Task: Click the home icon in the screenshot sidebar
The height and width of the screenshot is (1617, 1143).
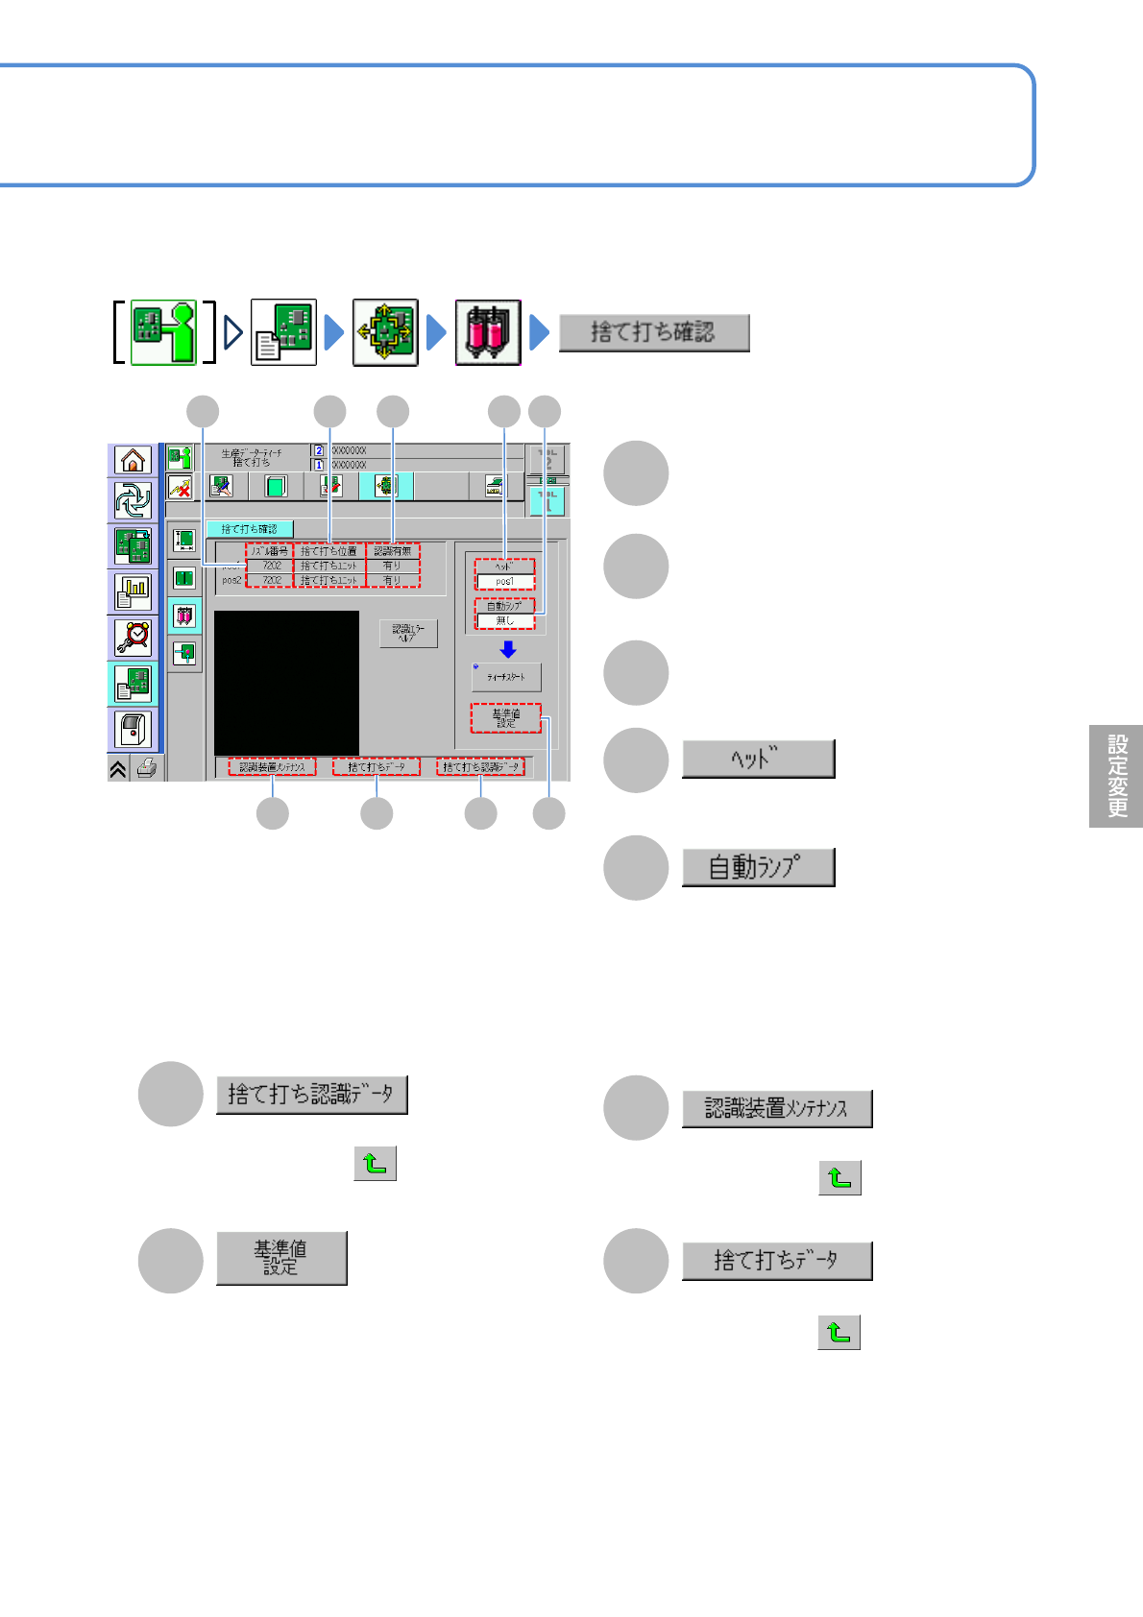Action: (133, 461)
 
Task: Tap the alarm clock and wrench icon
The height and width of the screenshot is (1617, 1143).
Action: (133, 637)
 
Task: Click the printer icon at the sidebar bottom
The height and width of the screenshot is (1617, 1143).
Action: (146, 768)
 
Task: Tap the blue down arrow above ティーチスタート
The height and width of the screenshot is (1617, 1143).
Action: (508, 650)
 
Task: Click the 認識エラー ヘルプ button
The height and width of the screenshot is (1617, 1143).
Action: (408, 633)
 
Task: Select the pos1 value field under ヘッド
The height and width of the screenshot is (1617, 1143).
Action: (505, 582)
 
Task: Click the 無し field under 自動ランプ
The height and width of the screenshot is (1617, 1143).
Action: (505, 621)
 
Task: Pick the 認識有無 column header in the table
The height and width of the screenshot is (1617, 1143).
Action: (393, 551)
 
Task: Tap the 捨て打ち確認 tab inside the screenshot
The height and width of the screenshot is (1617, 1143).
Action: (250, 529)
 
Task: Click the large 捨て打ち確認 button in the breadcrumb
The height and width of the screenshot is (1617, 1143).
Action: (653, 333)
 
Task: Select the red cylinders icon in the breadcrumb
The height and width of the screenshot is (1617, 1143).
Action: (488, 332)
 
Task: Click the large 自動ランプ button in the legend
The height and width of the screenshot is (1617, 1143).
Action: (758, 867)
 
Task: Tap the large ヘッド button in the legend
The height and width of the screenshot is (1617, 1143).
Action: (758, 759)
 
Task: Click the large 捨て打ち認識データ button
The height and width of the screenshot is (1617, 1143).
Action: (312, 1095)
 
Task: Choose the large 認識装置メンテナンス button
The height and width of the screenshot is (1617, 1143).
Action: (777, 1109)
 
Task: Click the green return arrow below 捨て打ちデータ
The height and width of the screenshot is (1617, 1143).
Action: (839, 1333)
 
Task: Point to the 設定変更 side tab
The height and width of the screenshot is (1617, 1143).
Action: (1116, 776)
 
